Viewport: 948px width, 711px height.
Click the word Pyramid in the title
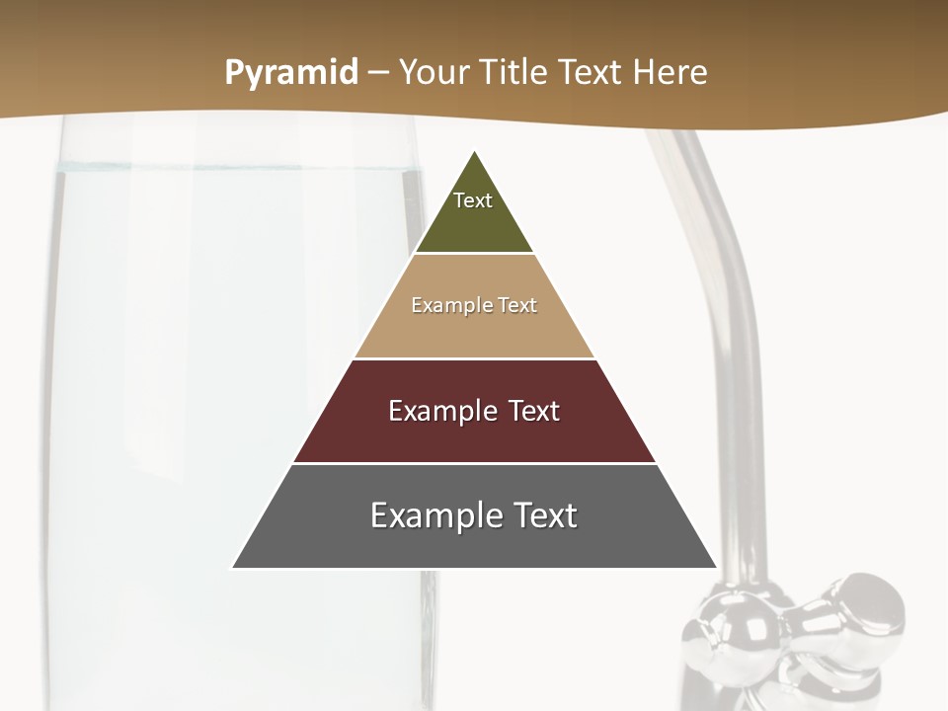click(291, 73)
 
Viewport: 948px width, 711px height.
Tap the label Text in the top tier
click(473, 200)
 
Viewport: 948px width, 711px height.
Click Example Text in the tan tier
click(474, 305)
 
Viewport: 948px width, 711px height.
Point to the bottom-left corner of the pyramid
click(233, 567)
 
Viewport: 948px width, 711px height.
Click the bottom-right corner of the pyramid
click(715, 567)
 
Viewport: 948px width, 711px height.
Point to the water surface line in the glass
click(237, 168)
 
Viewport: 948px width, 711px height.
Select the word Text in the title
click(589, 73)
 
